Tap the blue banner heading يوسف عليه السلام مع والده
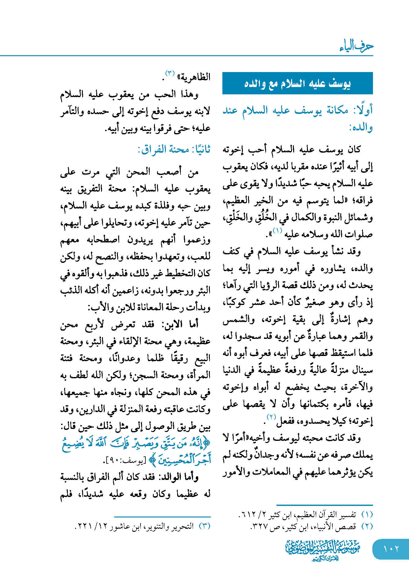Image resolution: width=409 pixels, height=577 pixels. point(297,83)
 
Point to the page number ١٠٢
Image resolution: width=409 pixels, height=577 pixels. point(391,549)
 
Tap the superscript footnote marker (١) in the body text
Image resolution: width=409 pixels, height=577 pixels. point(277,231)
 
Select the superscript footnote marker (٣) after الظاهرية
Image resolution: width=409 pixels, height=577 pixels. point(170,73)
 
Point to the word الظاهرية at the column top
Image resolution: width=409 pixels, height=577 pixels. point(195,77)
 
